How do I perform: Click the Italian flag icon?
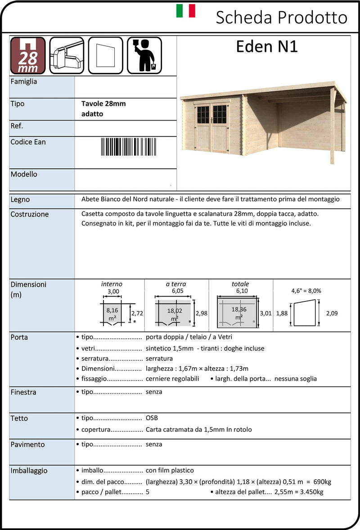pos(185,11)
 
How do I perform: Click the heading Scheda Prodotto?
pos(281,18)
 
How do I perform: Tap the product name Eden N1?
pos(267,46)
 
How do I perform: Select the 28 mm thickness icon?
pos(28,55)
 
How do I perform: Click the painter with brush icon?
pos(144,55)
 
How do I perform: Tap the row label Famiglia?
pos(24,82)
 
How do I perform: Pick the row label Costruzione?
pos(29,214)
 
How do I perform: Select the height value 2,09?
pos(331,313)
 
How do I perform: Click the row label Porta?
pos(19,337)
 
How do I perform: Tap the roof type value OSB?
pos(152,418)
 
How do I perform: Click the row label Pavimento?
pos(27,445)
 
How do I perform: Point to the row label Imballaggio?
pos(29,471)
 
